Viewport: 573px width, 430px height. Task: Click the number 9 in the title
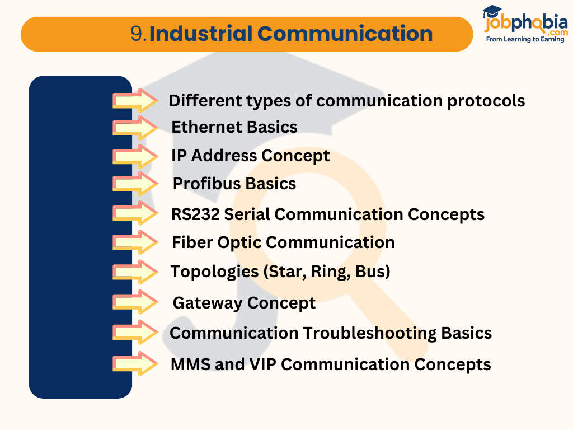click(x=137, y=34)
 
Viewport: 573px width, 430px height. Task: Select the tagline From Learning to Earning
click(x=525, y=40)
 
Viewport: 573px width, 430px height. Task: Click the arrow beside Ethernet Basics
click(x=136, y=128)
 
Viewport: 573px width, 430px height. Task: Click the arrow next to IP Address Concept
click(x=136, y=156)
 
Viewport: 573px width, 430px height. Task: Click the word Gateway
click(x=207, y=303)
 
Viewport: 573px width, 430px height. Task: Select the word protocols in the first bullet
click(x=486, y=101)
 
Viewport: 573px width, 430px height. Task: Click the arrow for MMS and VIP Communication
click(x=136, y=363)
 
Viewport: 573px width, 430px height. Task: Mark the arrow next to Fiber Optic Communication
click(x=136, y=242)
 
